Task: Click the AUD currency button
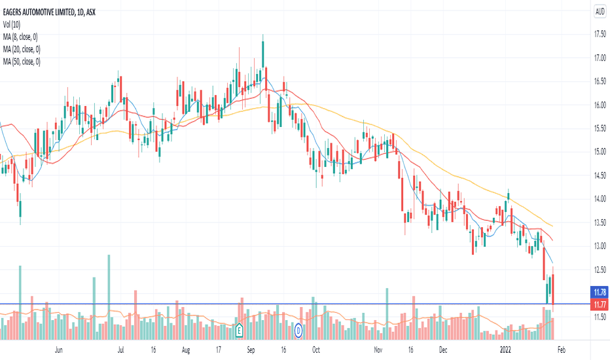click(599, 11)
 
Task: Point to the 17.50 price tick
click(599, 35)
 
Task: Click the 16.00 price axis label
click(599, 105)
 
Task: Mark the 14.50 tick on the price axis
click(599, 175)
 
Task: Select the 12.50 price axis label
click(599, 270)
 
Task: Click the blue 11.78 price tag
click(599, 292)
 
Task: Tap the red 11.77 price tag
click(599, 304)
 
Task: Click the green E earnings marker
click(240, 331)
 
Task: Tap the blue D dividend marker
click(298, 331)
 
